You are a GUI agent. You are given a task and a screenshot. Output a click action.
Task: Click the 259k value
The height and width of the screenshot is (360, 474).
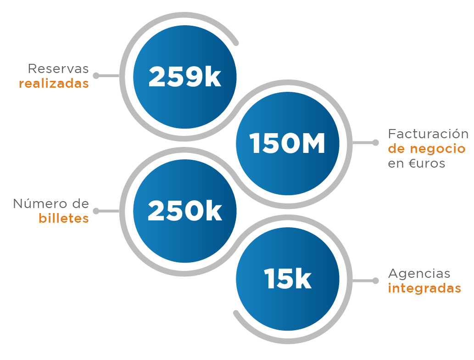pyautogui.click(x=184, y=77)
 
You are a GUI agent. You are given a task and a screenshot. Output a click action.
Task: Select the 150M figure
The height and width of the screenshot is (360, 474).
pyautogui.click(x=287, y=144)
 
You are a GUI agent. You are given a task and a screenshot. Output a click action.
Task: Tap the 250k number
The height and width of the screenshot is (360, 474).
pyautogui.click(x=184, y=212)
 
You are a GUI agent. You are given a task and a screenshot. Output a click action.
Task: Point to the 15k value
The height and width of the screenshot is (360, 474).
pyautogui.click(x=288, y=279)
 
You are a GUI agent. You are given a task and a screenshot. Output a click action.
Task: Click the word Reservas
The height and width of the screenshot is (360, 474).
pyautogui.click(x=58, y=69)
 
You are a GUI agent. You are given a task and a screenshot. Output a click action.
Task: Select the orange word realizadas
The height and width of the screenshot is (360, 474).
pyautogui.click(x=54, y=84)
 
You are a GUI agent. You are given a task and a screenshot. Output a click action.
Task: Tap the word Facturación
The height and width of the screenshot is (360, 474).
pyautogui.click(x=428, y=134)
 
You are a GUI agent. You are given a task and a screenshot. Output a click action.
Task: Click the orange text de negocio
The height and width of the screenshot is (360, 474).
pyautogui.click(x=427, y=149)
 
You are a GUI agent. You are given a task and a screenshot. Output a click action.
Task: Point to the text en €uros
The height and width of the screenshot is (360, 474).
pyautogui.click(x=417, y=163)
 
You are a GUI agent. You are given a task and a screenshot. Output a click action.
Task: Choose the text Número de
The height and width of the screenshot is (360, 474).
pyautogui.click(x=51, y=203)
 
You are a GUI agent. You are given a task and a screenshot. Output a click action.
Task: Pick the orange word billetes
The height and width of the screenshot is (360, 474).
pyautogui.click(x=63, y=218)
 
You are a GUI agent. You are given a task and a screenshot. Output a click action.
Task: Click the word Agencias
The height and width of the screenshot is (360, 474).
pyautogui.click(x=419, y=274)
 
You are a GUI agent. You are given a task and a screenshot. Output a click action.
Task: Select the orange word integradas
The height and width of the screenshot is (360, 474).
pyautogui.click(x=424, y=288)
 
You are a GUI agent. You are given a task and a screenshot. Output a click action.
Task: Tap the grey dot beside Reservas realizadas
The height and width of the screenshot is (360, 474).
pyautogui.click(x=96, y=75)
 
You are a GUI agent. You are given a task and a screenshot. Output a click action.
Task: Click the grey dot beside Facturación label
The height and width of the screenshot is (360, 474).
pyautogui.click(x=376, y=143)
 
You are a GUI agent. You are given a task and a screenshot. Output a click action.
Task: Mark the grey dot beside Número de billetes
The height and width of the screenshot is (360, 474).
pyautogui.click(x=96, y=211)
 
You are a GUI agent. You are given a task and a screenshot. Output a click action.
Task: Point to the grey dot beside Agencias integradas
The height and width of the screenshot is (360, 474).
pyautogui.click(x=376, y=280)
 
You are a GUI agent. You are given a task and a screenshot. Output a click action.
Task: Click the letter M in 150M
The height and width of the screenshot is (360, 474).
pyautogui.click(x=312, y=144)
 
